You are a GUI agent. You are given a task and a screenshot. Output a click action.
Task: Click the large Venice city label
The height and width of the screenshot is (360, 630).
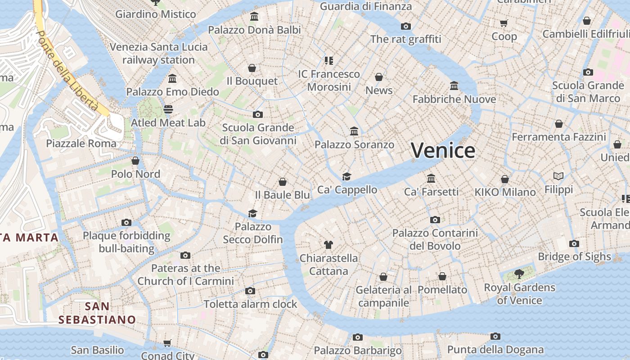click(443, 150)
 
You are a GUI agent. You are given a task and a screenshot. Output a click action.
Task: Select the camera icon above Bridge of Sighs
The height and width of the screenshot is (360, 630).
click(574, 243)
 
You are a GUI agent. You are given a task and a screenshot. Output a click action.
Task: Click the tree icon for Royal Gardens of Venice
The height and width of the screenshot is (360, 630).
click(519, 274)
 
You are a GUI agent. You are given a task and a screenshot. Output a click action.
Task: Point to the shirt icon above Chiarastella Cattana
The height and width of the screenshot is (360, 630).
click(328, 245)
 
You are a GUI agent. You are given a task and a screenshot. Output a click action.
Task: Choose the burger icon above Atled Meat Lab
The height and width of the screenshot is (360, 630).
click(168, 109)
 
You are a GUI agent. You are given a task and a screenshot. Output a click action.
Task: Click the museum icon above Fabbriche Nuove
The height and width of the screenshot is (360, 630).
click(454, 85)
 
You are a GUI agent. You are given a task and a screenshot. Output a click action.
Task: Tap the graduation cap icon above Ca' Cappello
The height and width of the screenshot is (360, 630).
click(346, 176)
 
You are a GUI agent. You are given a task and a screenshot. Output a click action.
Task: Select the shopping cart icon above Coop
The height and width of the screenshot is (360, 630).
click(504, 23)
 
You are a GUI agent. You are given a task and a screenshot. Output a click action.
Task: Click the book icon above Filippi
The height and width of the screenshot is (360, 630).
click(558, 176)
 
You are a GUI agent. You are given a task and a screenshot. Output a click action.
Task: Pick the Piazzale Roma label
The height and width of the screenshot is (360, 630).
click(81, 144)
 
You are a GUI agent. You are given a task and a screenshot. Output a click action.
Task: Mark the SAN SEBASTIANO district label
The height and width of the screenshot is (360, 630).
click(97, 313)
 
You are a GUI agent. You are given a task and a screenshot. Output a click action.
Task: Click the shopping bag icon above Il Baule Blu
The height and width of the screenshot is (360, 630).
click(283, 181)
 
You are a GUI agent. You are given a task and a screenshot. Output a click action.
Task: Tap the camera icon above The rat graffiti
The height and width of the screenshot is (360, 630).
click(406, 26)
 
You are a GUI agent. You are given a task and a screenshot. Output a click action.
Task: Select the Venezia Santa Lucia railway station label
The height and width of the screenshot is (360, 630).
click(158, 53)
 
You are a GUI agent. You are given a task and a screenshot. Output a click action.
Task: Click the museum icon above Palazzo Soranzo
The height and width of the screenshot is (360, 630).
click(354, 131)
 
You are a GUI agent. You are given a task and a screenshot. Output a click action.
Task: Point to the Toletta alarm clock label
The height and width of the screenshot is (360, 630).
click(250, 304)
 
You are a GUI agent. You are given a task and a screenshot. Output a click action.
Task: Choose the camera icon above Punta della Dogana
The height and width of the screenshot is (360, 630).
click(495, 336)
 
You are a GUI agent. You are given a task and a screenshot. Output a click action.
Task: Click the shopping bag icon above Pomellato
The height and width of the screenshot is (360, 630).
click(442, 276)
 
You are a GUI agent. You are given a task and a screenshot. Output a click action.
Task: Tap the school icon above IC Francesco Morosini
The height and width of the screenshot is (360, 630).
click(329, 60)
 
